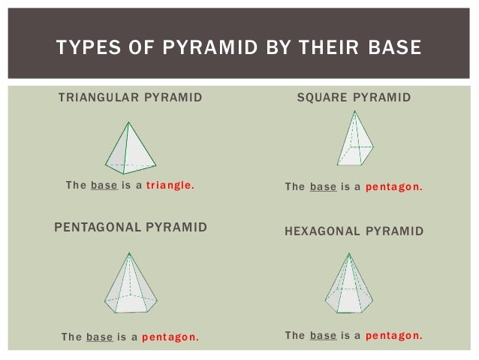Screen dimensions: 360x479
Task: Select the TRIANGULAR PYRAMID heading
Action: click(x=130, y=98)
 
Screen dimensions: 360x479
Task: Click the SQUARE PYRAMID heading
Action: click(x=354, y=98)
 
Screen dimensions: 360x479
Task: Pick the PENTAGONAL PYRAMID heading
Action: click(x=131, y=226)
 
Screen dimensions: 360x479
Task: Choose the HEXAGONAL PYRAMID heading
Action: click(x=354, y=231)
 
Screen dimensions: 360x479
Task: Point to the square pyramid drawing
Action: click(x=355, y=139)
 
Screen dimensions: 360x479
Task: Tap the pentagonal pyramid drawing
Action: click(x=131, y=283)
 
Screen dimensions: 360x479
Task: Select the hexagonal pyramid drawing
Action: click(x=351, y=283)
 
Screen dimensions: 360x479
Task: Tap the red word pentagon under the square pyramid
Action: click(x=393, y=186)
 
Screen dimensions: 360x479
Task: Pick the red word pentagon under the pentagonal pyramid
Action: click(x=170, y=337)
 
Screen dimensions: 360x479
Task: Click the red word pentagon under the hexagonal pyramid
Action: click(x=393, y=335)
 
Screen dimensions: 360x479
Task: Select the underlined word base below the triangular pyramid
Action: click(x=104, y=186)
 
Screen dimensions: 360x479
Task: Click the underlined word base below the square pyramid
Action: click(x=323, y=186)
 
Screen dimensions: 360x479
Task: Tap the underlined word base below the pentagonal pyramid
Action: click(x=100, y=337)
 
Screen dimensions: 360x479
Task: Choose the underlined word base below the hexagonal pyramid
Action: click(x=323, y=335)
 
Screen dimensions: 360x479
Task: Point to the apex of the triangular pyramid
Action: click(x=130, y=123)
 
